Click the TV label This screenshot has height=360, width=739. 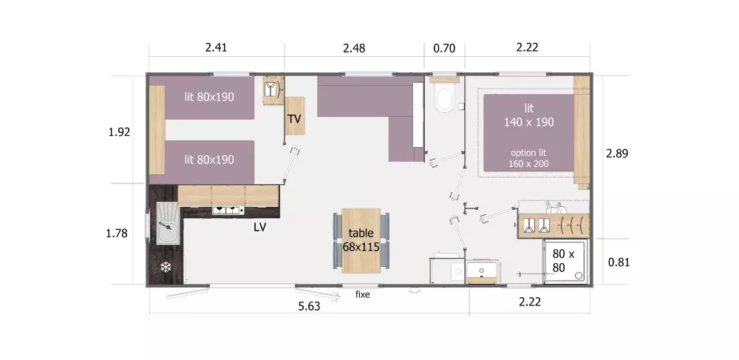[x=294, y=119]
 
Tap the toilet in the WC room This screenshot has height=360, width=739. [x=444, y=96]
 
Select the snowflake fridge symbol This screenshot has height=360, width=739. [x=166, y=267]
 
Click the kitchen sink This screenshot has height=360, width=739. [x=168, y=223]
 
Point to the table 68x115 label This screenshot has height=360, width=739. [x=361, y=240]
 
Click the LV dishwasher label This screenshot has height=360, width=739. [x=259, y=227]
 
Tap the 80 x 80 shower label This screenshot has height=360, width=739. [x=564, y=261]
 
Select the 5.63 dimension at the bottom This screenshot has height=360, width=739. [x=309, y=306]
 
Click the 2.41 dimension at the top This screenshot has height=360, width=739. [x=216, y=47]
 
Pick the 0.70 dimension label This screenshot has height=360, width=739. [x=444, y=48]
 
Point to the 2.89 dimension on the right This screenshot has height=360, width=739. [x=617, y=153]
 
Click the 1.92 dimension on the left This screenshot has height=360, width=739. [x=119, y=132]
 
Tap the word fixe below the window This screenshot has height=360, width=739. [x=362, y=294]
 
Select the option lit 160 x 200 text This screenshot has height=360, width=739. [x=529, y=158]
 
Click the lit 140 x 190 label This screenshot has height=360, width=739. [x=529, y=115]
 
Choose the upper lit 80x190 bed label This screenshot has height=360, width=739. [x=209, y=97]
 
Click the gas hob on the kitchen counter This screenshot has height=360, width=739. [x=228, y=210]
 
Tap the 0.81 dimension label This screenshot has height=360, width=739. [x=619, y=262]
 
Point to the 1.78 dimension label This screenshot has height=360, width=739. [x=117, y=233]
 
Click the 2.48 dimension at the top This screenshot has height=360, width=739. [x=354, y=48]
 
